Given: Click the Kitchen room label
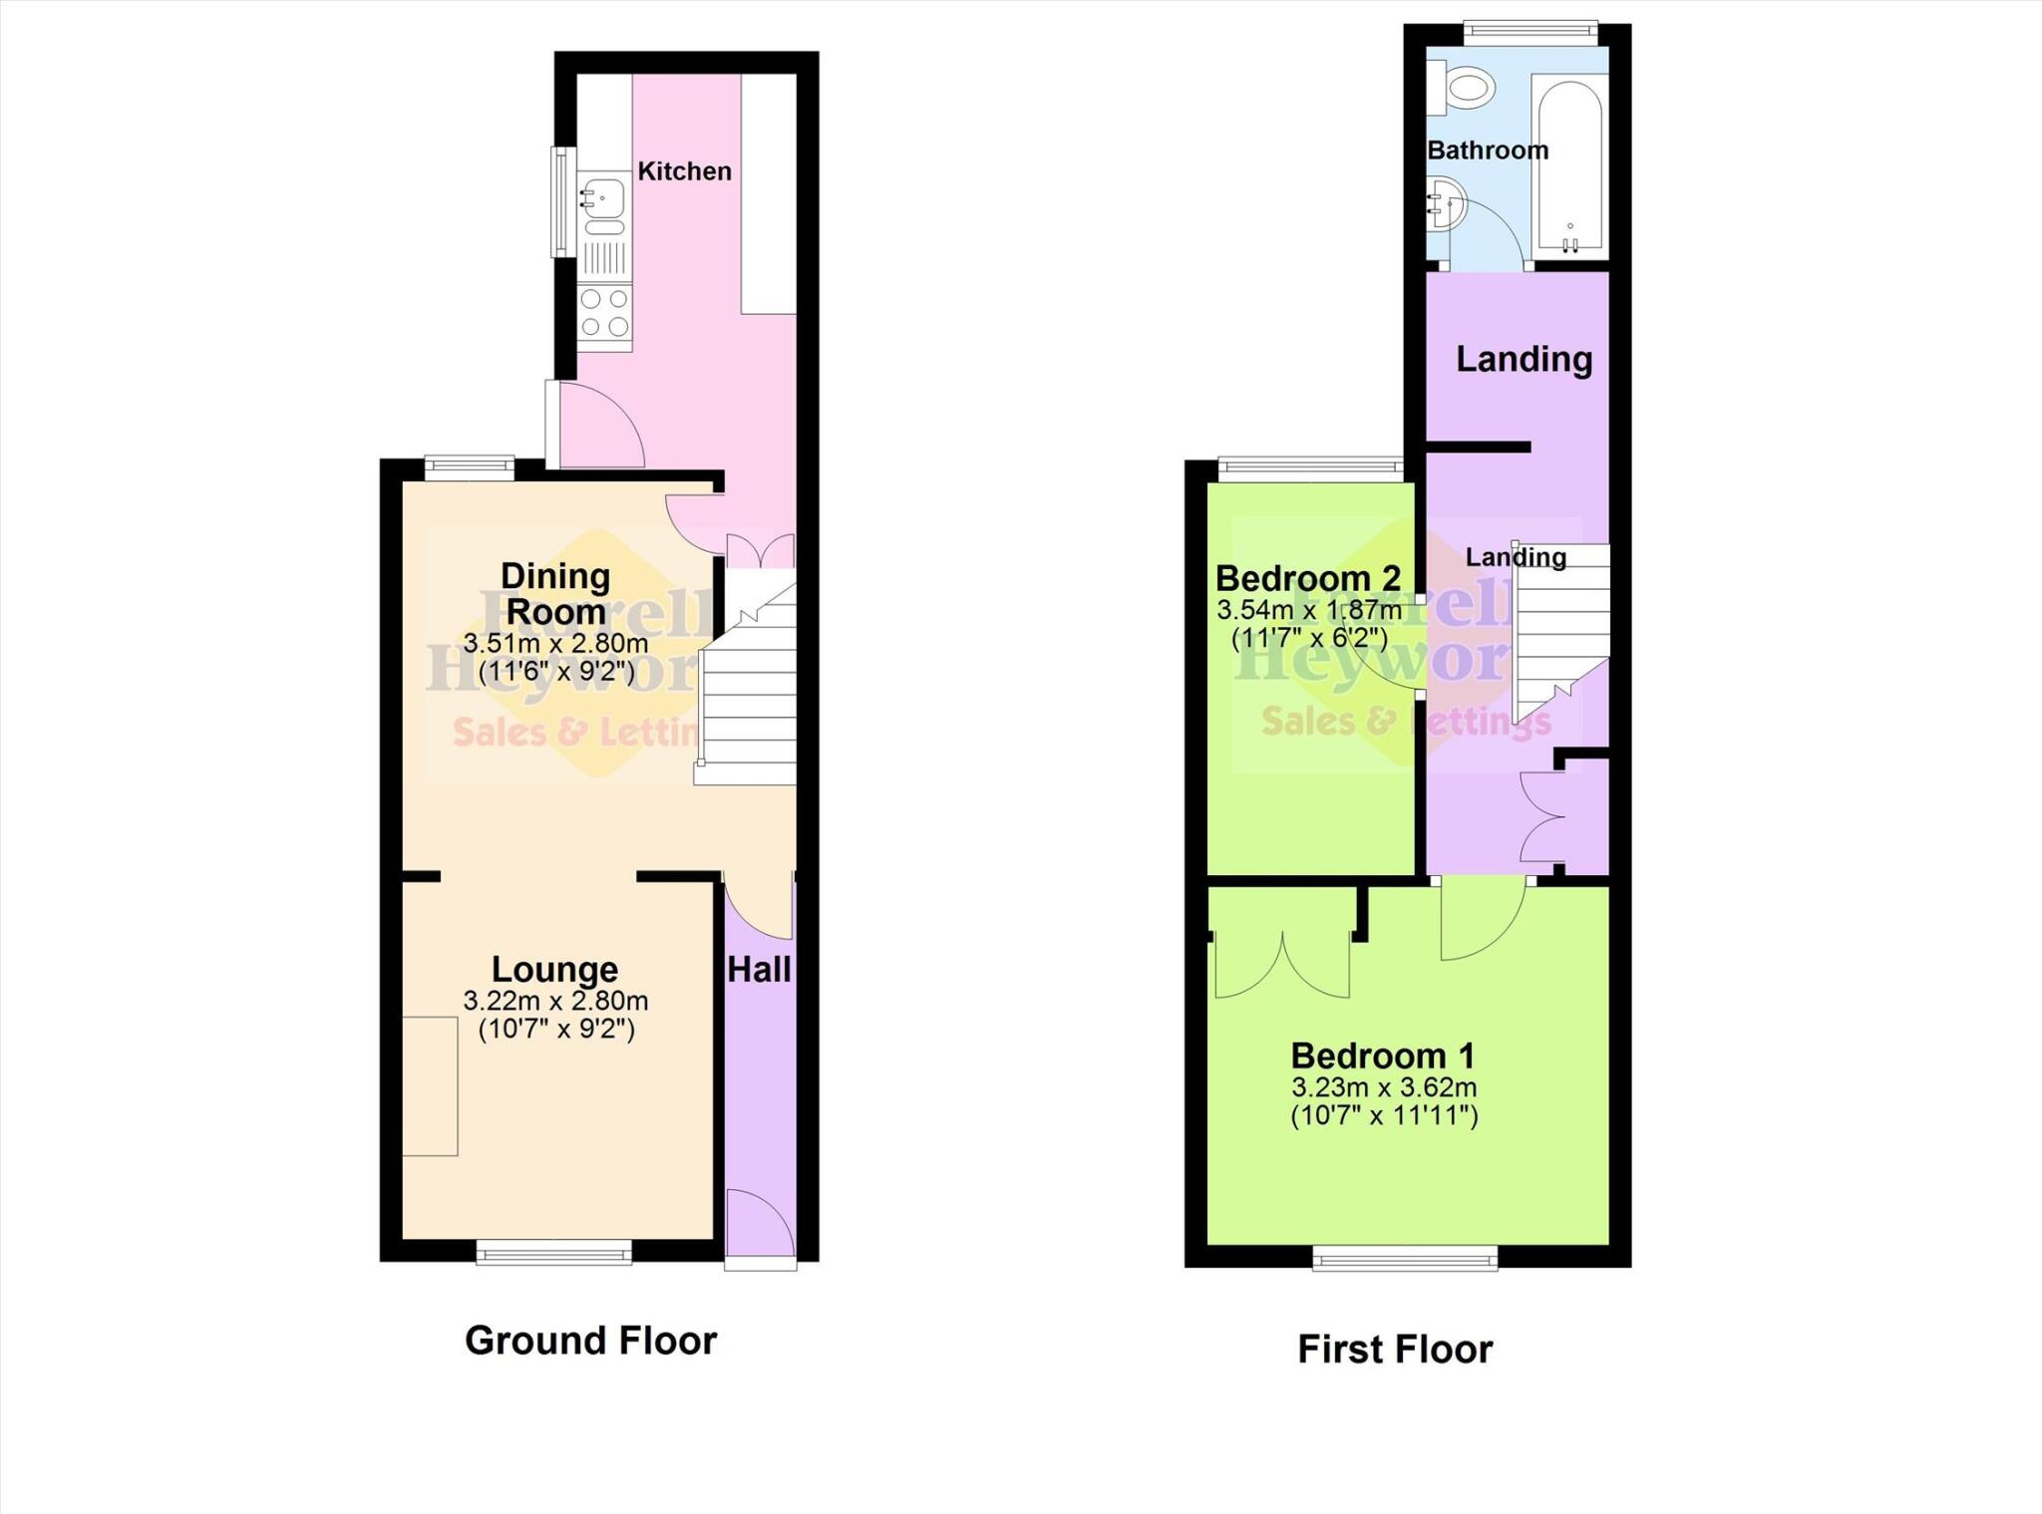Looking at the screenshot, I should [684, 171].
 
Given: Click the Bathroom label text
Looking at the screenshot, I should [1488, 151].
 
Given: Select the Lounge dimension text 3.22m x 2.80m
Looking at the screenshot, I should [555, 1001].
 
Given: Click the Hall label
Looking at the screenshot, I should [759, 970].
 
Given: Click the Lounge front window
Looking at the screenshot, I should [553, 1252].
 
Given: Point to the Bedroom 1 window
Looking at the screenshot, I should [1405, 1259].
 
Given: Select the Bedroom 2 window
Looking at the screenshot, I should [1310, 464].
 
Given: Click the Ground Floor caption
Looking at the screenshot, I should [590, 1342].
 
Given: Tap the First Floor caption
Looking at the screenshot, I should [1395, 1350].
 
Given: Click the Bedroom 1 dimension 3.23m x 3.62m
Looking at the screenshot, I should [1384, 1087].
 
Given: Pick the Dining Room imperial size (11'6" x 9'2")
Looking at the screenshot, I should [556, 671].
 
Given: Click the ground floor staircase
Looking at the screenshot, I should [749, 698].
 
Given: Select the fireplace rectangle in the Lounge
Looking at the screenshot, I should [430, 1086].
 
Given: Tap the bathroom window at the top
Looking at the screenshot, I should [1531, 33].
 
